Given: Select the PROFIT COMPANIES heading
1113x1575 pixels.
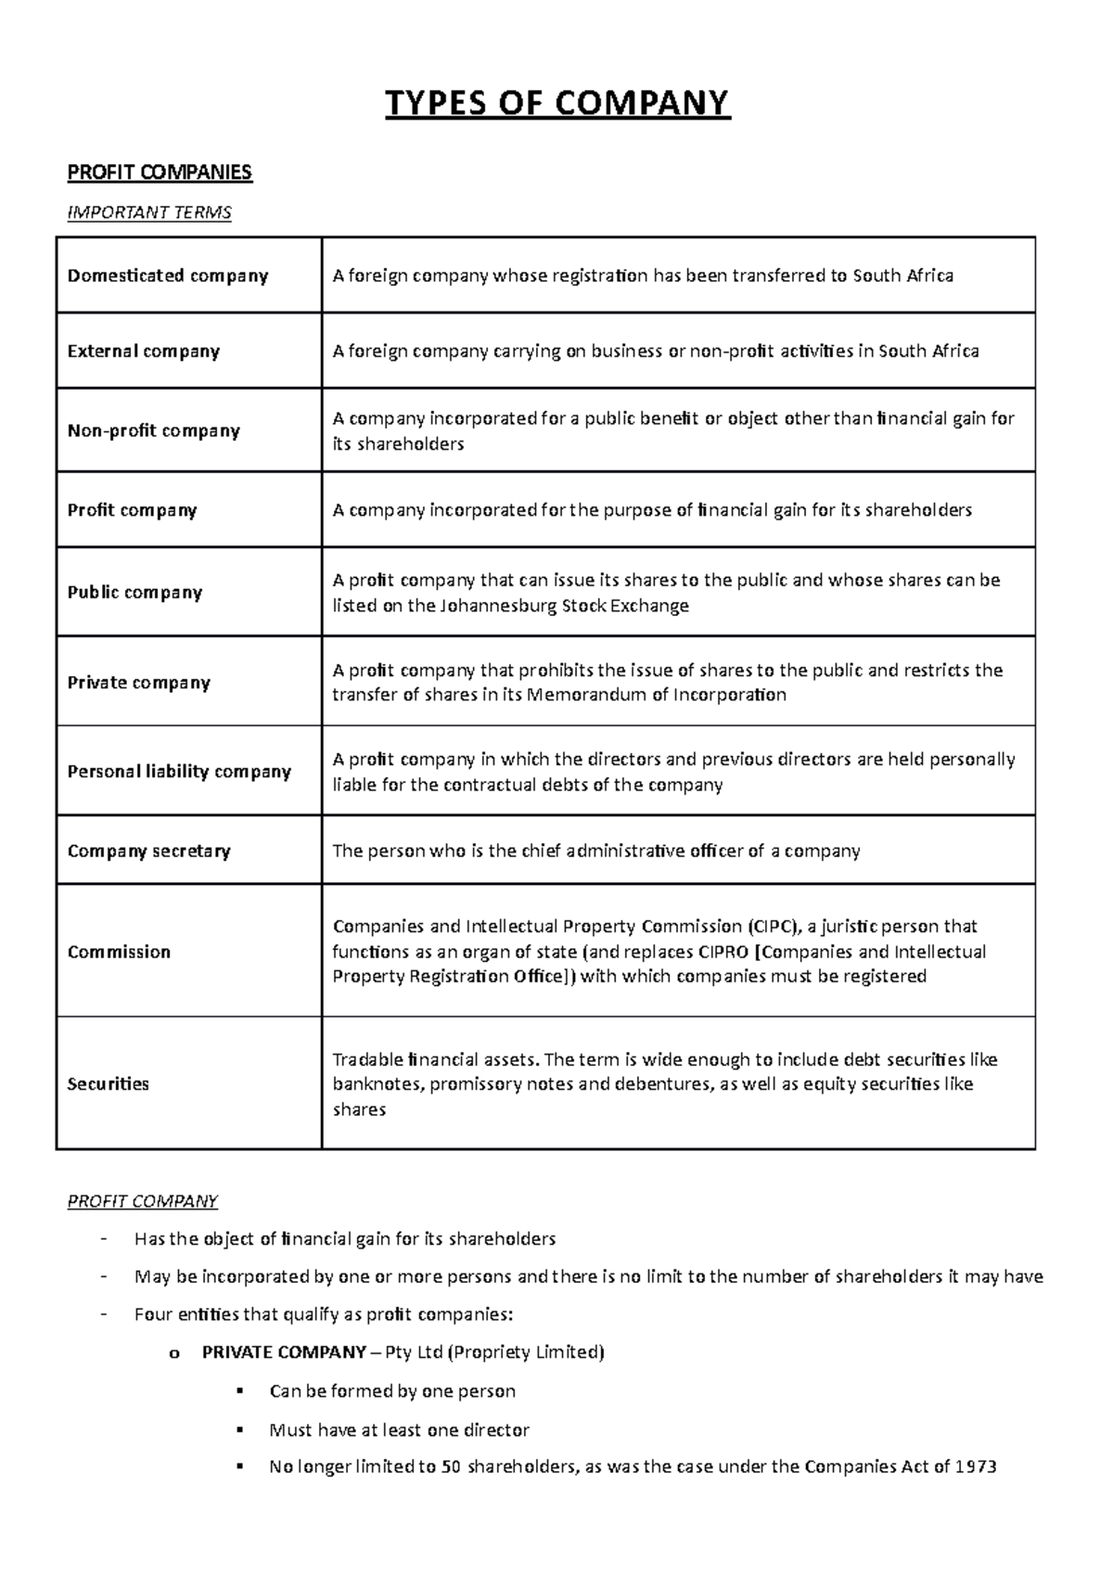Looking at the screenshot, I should coord(160,173).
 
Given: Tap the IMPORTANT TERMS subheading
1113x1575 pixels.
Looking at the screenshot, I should coord(149,212).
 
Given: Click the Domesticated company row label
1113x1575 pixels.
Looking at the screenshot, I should coord(168,275).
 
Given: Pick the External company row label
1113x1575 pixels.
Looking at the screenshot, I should coord(144,352).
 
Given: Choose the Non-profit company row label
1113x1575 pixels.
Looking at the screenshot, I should coord(154,430).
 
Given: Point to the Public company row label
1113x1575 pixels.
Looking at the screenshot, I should coord(134,592).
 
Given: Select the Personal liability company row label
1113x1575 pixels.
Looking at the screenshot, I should coord(179,772).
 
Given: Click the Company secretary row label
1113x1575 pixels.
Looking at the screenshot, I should coord(148,851).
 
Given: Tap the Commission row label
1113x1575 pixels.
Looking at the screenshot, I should coord(119,952).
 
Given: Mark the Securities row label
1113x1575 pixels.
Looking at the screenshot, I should coord(108,1083).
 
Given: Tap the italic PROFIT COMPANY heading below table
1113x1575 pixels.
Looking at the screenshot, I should coord(142,1201).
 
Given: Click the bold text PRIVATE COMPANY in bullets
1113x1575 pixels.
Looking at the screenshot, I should coord(284,1352).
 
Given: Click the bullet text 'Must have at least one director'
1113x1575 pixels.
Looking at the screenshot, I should coord(399,1429).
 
